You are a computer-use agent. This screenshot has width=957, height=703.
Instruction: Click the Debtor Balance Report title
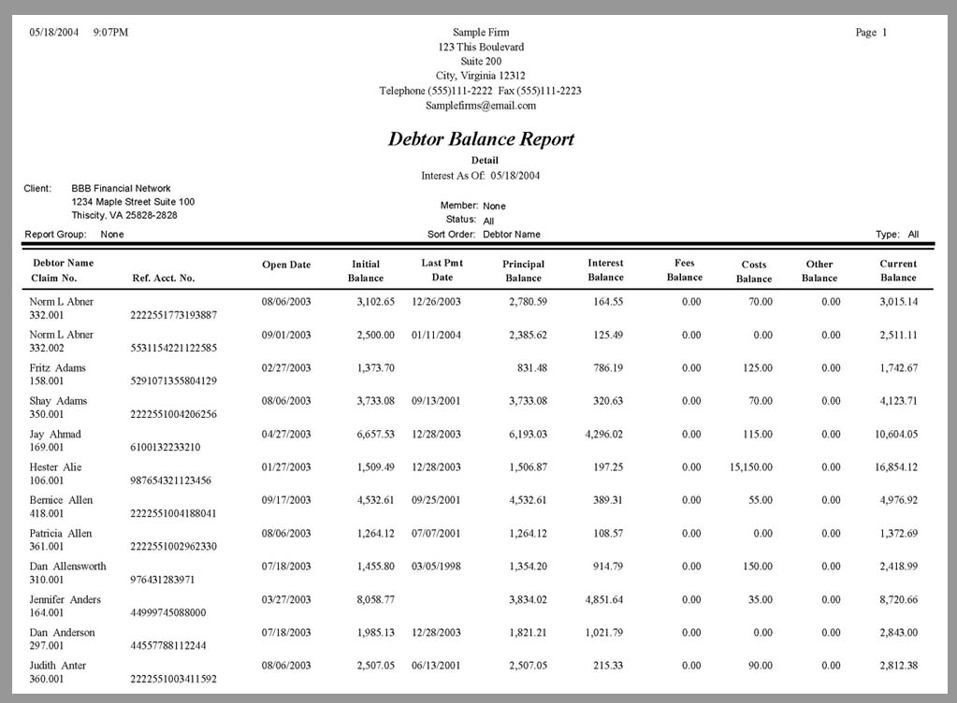481,139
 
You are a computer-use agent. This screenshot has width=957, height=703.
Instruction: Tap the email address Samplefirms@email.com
481,106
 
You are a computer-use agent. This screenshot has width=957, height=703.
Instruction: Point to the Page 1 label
871,33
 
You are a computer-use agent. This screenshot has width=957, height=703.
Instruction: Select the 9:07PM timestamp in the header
110,33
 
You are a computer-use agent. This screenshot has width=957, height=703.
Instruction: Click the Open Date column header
286,265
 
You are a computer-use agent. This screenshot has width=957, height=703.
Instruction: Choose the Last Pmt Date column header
442,270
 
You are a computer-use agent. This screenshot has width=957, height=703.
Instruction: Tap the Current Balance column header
898,270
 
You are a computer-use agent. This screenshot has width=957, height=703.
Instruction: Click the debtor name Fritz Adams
57,368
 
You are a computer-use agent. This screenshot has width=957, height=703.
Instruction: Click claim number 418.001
47,513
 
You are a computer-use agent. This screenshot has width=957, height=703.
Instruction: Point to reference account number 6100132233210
165,448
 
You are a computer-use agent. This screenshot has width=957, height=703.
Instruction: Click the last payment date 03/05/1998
436,567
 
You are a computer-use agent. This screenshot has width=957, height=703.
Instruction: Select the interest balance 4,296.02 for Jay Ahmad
604,435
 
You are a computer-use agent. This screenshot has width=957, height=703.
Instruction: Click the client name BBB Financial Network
121,189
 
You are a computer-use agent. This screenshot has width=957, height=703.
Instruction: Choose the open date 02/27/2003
286,368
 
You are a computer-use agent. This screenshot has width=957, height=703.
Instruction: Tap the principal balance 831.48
531,368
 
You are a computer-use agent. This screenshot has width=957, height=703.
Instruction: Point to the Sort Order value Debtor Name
511,235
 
